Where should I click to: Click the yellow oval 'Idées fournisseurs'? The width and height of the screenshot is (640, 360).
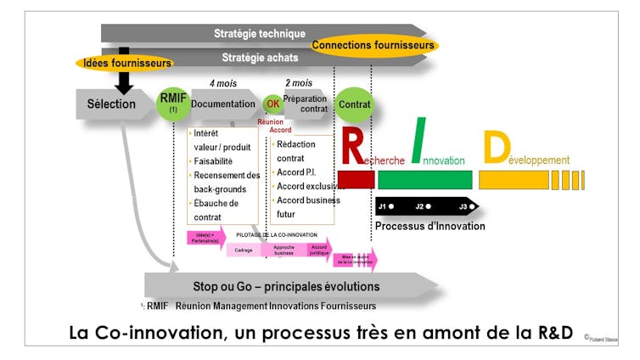click(125, 63)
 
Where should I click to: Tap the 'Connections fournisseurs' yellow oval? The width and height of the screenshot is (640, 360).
click(373, 45)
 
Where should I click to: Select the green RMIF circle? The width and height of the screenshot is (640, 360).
click(173, 104)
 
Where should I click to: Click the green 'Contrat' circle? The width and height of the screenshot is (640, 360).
click(353, 104)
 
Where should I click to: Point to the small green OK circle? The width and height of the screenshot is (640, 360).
click(272, 104)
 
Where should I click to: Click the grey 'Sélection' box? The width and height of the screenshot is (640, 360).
click(111, 104)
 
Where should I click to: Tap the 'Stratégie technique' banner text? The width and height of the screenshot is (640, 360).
click(259, 34)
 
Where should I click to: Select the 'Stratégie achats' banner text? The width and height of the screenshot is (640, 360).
click(259, 58)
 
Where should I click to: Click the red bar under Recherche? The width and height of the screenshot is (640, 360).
click(356, 179)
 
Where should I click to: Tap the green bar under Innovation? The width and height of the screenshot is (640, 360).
click(424, 179)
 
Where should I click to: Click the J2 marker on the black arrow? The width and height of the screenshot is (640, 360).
click(424, 206)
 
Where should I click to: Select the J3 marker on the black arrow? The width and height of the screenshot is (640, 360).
click(465, 206)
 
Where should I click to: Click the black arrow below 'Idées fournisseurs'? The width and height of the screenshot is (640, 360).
click(124, 82)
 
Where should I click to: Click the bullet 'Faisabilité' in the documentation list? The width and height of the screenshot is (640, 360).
click(212, 160)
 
